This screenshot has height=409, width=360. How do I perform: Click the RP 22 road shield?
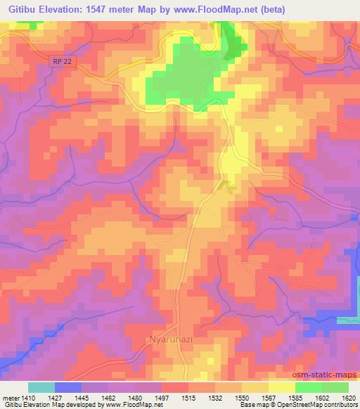(x=62, y=63)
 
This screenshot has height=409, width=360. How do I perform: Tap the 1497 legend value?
(x=161, y=397)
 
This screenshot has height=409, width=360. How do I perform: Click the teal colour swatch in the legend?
(x=41, y=387)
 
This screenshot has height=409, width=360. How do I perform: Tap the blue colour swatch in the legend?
(x=67, y=387)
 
